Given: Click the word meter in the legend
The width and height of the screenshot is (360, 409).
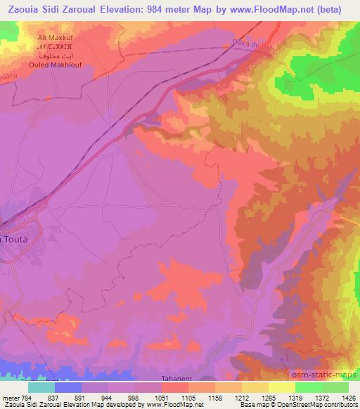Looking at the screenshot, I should pos(11,398).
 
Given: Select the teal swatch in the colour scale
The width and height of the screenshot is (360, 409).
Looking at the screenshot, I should pos(41,387).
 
